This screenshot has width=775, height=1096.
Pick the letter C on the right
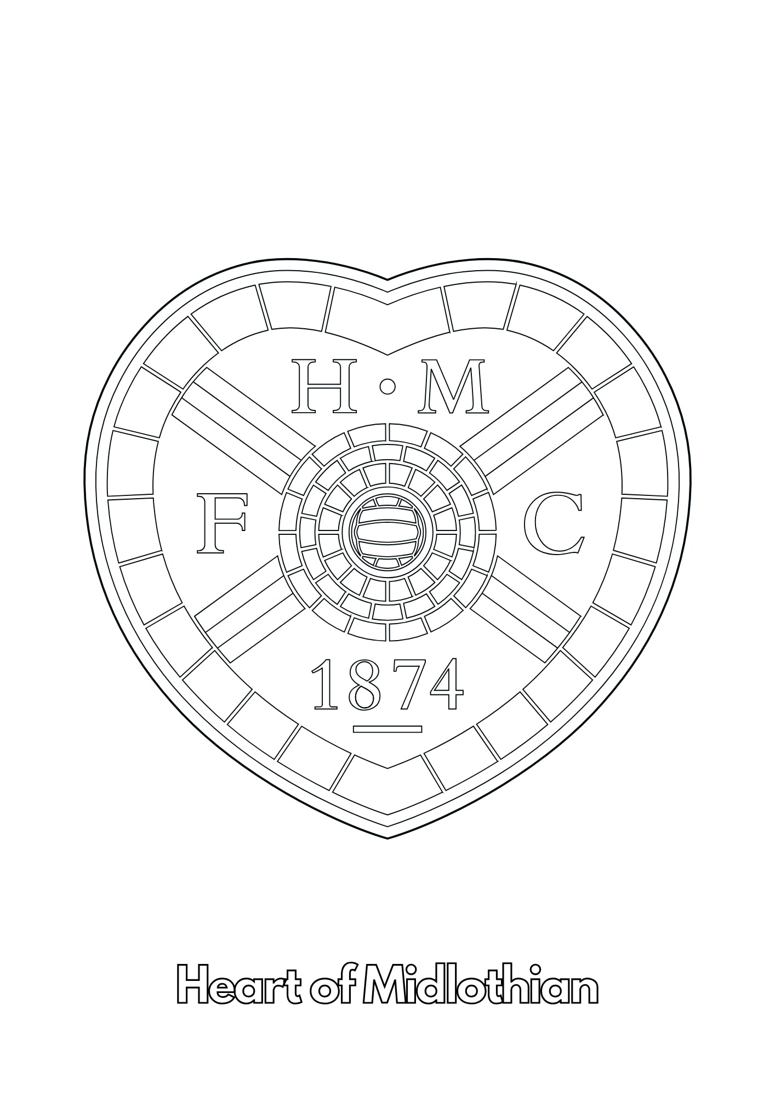click(553, 523)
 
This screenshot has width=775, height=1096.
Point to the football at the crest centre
click(387, 531)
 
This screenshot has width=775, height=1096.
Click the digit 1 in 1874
click(329, 684)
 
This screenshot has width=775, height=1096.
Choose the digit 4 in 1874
click(445, 684)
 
